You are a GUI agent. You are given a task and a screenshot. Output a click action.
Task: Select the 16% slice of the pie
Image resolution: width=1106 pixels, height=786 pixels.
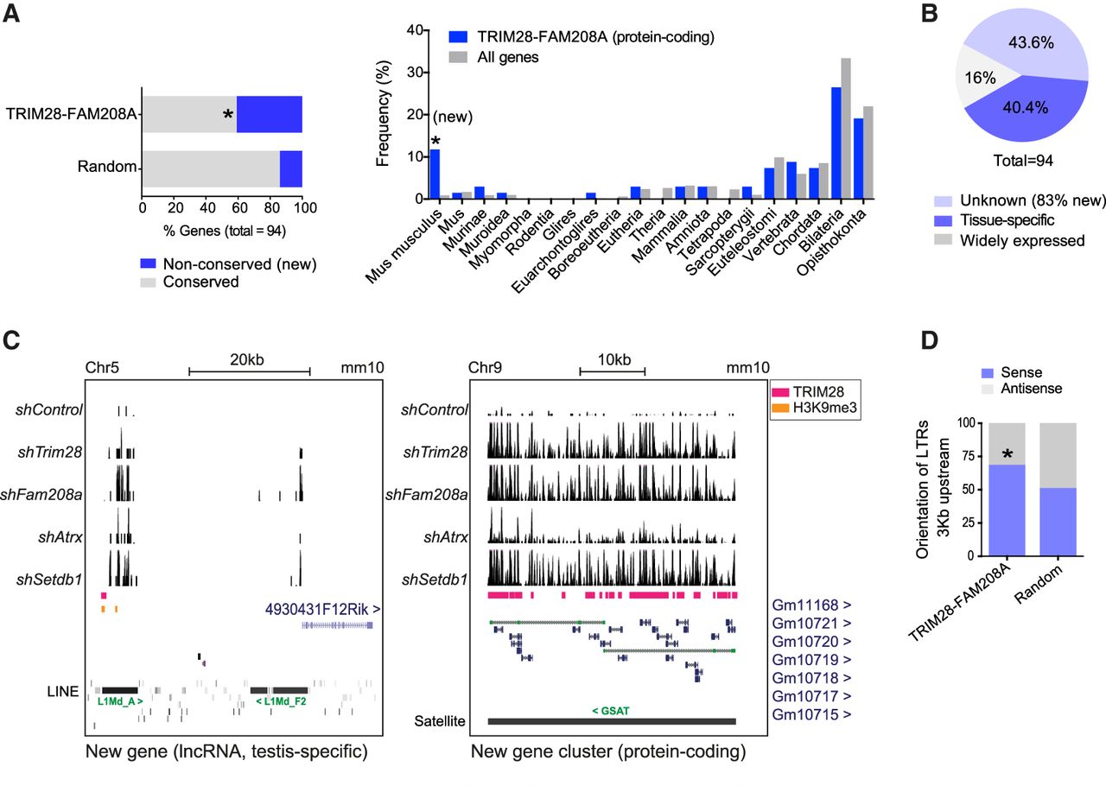980,78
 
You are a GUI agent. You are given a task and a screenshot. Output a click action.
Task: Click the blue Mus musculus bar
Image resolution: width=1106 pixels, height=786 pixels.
435,174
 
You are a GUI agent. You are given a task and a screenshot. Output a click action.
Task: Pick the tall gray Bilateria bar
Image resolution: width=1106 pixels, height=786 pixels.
846,129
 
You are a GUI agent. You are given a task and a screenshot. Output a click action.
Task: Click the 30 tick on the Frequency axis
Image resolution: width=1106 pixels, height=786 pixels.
415,72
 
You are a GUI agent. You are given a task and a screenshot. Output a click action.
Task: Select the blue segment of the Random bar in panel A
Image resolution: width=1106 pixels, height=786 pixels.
291,168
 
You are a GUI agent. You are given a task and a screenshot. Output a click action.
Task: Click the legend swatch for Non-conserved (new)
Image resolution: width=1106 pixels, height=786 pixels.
148,263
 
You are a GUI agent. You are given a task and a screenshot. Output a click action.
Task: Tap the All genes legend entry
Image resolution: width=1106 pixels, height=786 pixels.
493,57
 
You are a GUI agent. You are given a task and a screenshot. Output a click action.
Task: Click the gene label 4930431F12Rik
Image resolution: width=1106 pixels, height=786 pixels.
322,609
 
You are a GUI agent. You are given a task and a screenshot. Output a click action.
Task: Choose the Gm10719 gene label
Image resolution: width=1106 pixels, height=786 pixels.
811,660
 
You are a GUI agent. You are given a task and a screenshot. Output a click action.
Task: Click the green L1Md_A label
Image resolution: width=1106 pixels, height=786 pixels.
120,701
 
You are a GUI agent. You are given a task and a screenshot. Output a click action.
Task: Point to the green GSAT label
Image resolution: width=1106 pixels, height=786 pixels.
610,711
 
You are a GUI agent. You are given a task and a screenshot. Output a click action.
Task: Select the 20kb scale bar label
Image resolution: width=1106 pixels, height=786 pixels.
247,359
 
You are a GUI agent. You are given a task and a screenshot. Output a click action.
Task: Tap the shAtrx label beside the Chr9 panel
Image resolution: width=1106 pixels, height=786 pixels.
446,536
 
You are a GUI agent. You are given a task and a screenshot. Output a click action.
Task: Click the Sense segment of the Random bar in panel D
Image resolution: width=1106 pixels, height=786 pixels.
1058,522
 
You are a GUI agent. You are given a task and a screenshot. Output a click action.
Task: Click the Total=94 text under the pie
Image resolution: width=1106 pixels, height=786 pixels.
1023,161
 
